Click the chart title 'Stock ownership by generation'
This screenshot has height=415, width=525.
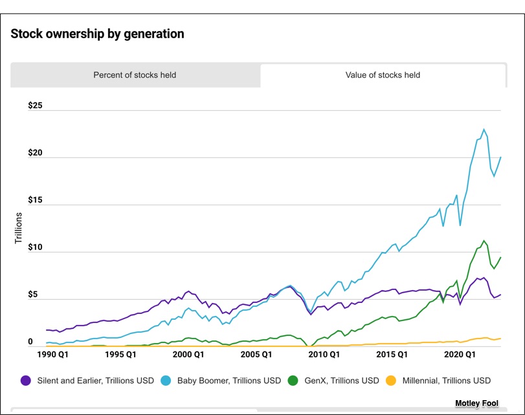(x=97, y=34)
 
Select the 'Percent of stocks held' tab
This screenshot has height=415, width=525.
(x=135, y=75)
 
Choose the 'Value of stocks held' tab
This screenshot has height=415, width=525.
(x=383, y=75)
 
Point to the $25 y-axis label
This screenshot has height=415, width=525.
(x=35, y=106)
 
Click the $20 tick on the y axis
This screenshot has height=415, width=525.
(x=35, y=153)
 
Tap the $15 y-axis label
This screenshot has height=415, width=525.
(x=35, y=200)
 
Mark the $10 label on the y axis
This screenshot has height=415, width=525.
(x=35, y=247)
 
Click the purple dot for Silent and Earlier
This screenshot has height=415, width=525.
(x=26, y=381)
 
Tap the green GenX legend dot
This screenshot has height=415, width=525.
(x=293, y=381)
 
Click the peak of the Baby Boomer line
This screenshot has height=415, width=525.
(x=483, y=129)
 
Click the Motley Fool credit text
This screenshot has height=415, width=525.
(x=476, y=403)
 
